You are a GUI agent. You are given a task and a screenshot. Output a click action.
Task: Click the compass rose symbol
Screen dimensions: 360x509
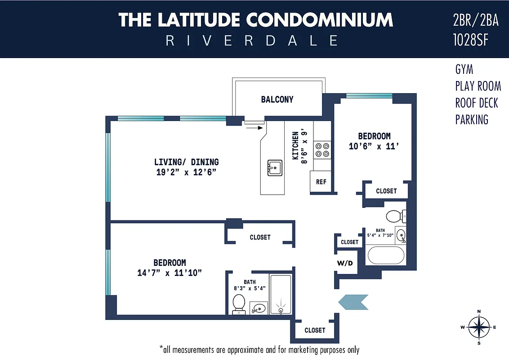coord(479,327)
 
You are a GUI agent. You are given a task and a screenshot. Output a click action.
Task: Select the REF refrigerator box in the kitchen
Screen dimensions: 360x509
coord(321,182)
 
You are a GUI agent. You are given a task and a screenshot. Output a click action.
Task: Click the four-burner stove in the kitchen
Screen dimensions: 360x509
coord(322,149)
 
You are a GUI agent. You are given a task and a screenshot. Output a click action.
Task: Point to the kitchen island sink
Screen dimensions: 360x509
coord(274,168)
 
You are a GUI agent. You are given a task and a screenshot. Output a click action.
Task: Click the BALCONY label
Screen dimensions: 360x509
coord(277,99)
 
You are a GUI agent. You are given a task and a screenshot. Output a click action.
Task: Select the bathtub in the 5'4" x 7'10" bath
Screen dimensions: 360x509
coord(386,256)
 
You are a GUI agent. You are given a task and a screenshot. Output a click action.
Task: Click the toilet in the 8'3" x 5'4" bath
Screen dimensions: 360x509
coord(239,303)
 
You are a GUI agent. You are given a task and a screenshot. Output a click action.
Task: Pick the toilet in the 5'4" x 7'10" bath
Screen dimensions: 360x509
coord(394,216)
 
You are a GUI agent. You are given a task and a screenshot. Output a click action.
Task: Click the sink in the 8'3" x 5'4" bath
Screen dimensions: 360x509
coord(258,308)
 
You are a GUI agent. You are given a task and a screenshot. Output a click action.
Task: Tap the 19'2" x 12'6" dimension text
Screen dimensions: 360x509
coord(186,172)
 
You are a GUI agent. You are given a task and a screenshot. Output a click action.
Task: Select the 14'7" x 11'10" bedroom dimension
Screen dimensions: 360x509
coord(170,273)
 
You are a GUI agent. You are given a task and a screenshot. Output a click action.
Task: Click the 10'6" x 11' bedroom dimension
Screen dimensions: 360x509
coord(374,146)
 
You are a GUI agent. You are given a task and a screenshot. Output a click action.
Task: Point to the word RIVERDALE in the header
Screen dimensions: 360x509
coord(252,41)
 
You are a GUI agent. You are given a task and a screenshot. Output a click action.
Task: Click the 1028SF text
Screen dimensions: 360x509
coord(471,40)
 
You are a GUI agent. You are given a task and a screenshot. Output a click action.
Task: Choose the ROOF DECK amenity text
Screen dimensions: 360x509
coord(477,103)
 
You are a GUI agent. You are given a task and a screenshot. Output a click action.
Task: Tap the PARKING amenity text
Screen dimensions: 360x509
coord(472,120)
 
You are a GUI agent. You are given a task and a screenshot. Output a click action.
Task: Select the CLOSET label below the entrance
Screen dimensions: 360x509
coord(315,330)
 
